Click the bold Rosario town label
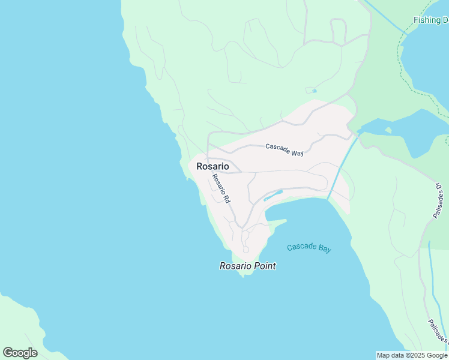[212, 166]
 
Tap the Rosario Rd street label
[221, 188]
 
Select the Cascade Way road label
[285, 149]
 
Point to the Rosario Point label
[248, 266]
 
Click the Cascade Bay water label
[309, 248]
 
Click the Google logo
[20, 353]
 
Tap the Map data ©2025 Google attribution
[412, 355]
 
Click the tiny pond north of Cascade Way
[311, 91]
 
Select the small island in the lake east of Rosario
[388, 130]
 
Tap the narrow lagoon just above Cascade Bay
[273, 196]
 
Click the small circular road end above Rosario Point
[246, 250]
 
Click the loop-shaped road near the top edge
[339, 30]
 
